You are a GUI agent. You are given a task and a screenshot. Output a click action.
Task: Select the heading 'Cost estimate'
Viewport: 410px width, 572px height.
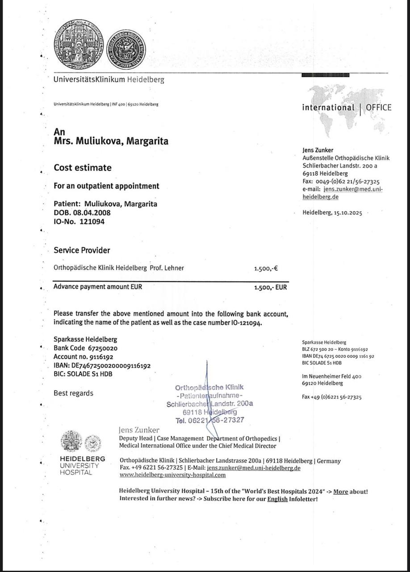coord(83,168)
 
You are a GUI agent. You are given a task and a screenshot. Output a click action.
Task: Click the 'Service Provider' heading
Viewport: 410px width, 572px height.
coord(82,250)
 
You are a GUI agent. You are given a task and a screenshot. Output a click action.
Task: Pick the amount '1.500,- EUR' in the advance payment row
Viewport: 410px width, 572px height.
coord(270,287)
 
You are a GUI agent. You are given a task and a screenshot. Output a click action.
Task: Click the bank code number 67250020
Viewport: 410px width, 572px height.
coord(103,348)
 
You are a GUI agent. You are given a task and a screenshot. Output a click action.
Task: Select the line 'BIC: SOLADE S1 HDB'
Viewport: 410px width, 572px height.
coord(83,374)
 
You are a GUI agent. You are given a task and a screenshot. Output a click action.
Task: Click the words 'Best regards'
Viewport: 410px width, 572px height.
coord(74,393)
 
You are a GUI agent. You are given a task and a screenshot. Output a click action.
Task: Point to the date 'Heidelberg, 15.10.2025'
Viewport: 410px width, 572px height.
coord(332,213)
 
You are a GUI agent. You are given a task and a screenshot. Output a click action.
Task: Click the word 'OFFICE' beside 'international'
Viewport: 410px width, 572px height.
coord(378,108)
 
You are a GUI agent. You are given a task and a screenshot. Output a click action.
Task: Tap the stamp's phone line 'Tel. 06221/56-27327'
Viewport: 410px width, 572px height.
coord(210,420)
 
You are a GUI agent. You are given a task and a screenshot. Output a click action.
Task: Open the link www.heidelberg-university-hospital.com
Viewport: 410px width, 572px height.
coord(172,475)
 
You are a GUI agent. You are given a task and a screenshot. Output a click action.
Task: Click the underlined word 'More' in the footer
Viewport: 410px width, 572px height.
coord(340,492)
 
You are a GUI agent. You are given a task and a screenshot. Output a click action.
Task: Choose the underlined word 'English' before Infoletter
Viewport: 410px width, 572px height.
coord(277,499)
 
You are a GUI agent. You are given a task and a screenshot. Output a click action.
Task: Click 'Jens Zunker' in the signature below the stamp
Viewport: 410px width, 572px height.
coord(139,430)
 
